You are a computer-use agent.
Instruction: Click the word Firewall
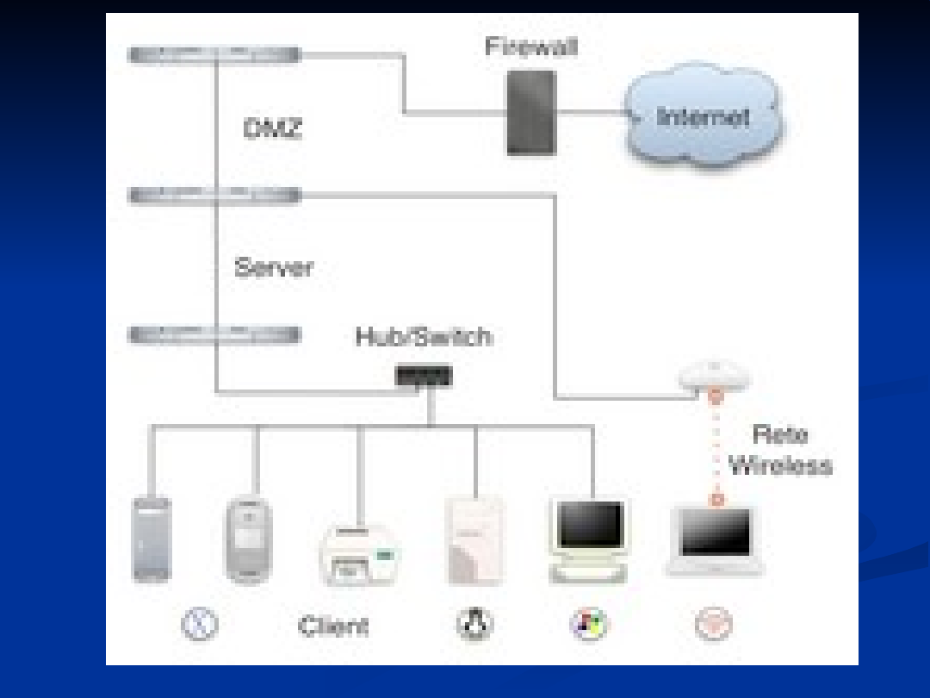click(530, 47)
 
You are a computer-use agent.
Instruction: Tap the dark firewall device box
click(530, 113)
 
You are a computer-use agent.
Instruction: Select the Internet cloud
click(703, 115)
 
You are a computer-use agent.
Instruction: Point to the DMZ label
click(273, 130)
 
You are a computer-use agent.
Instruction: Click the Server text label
click(274, 268)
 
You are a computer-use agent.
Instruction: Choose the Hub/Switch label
click(424, 336)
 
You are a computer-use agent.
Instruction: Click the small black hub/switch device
click(424, 377)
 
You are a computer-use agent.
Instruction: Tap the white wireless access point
click(714, 376)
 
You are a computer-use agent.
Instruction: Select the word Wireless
click(780, 466)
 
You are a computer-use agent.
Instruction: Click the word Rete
click(780, 434)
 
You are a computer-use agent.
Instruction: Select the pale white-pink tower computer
click(474, 541)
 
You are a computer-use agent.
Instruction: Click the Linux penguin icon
click(474, 625)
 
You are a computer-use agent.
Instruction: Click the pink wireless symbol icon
click(713, 625)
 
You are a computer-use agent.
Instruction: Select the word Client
click(333, 626)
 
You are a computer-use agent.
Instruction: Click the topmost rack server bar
click(214, 55)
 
